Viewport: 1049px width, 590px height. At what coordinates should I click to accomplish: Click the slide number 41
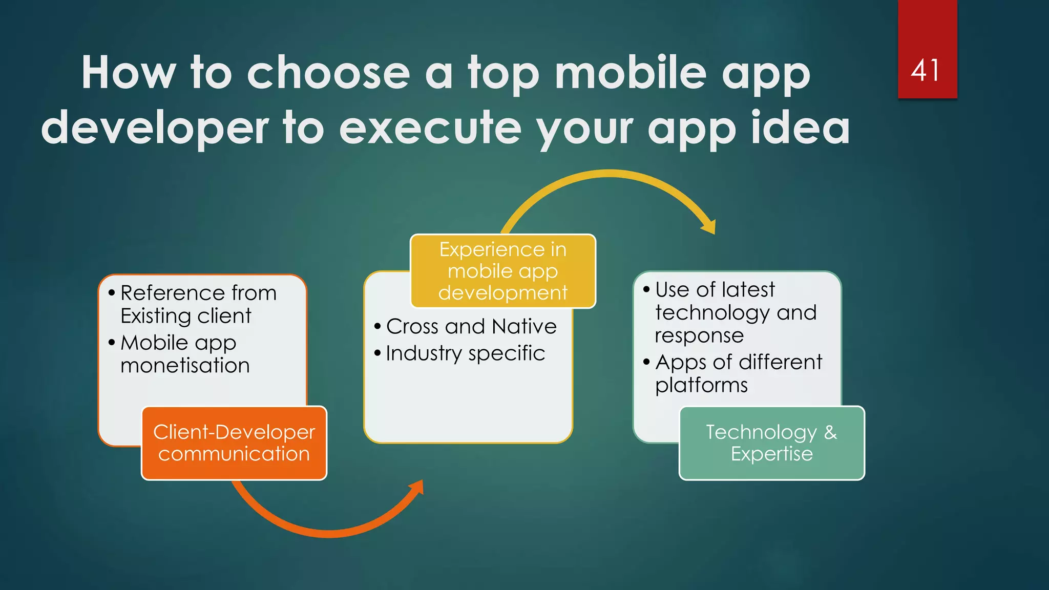pyautogui.click(x=926, y=70)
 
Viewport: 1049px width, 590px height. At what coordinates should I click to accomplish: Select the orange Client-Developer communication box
pyautogui.click(x=234, y=443)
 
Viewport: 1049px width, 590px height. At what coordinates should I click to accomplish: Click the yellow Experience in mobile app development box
pyautogui.click(x=503, y=271)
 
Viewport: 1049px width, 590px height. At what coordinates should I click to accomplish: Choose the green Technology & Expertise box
pyautogui.click(x=772, y=443)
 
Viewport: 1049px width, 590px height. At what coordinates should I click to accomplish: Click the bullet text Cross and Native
pyautogui.click(x=471, y=326)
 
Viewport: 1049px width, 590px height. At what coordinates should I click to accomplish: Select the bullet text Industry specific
pyautogui.click(x=465, y=353)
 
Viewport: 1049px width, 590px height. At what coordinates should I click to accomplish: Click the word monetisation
pyautogui.click(x=185, y=366)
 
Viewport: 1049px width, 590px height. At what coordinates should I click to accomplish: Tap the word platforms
pyautogui.click(x=701, y=385)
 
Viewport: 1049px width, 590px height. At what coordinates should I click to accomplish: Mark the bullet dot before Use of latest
pyautogui.click(x=646, y=290)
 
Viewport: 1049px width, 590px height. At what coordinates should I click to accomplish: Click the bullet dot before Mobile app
pyautogui.click(x=112, y=343)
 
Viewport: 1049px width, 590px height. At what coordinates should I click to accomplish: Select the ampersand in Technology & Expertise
pyautogui.click(x=830, y=432)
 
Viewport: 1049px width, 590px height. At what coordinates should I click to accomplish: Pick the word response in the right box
pyautogui.click(x=699, y=336)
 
